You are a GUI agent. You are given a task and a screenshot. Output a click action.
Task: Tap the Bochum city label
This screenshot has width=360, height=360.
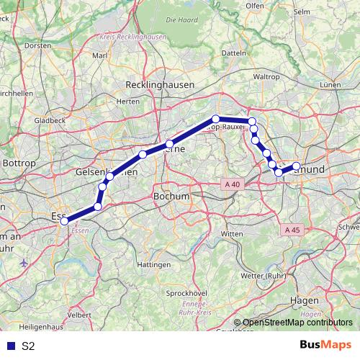171,196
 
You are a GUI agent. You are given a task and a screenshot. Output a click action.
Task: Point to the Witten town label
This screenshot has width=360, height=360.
232,235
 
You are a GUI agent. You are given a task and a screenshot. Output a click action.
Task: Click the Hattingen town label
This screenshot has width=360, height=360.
154,265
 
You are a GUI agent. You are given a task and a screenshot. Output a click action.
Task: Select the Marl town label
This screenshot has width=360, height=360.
99,55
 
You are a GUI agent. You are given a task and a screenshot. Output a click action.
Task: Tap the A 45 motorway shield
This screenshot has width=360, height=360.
291,230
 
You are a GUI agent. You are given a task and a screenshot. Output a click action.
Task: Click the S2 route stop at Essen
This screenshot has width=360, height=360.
64,221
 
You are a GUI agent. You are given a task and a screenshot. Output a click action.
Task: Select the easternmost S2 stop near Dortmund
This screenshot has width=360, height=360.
296,167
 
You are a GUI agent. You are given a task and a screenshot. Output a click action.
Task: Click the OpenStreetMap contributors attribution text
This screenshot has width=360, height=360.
297,323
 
